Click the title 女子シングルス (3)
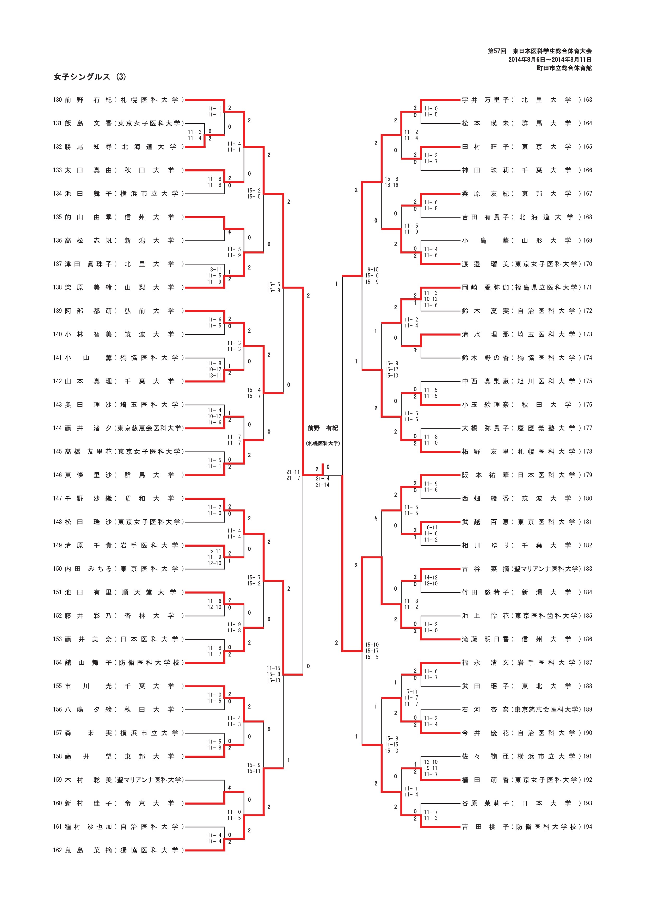click(90, 77)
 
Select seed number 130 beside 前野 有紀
click(57, 100)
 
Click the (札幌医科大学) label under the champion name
click(323, 443)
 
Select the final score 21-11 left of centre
click(293, 472)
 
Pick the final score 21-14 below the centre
click(323, 485)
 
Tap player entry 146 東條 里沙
click(118, 475)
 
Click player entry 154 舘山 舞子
click(118, 662)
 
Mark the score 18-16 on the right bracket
click(391, 185)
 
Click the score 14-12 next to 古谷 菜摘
click(431, 577)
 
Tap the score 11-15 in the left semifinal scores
click(273, 668)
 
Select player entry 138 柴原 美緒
click(118, 287)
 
